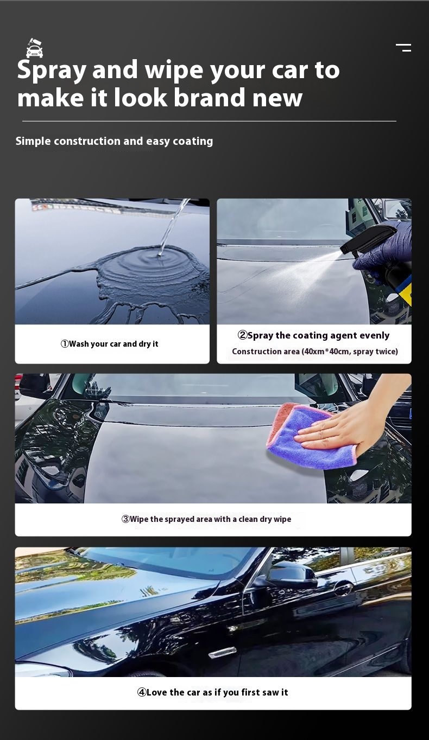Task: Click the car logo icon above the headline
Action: (35, 48)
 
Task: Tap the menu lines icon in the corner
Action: (403, 48)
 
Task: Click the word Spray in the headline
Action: (52, 71)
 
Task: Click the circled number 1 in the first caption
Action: (65, 344)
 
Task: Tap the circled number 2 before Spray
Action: (242, 335)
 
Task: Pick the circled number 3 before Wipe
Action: (125, 519)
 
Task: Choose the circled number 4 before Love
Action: (142, 692)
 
